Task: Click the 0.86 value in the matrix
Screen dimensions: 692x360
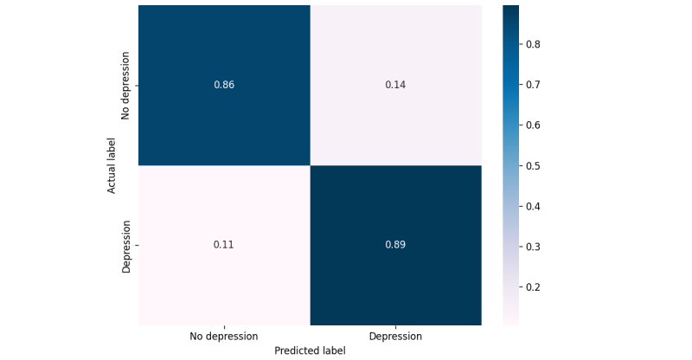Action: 224,85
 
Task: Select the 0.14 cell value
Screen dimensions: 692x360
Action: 395,85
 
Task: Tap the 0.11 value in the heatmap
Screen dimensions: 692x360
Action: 224,245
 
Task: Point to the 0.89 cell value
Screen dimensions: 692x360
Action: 395,245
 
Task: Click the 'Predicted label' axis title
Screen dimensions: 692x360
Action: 310,350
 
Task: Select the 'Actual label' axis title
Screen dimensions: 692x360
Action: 112,165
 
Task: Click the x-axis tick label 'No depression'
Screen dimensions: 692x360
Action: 224,337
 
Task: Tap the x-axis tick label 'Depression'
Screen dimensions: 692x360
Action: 395,337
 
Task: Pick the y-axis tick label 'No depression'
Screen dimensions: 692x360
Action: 125,86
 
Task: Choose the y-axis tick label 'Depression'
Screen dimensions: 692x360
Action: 125,247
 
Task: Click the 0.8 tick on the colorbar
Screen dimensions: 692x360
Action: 533,44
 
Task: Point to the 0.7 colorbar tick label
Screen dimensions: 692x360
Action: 533,85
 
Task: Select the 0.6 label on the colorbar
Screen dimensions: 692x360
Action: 533,125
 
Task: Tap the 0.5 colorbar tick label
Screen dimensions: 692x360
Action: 533,166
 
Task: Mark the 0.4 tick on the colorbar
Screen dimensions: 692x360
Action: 533,206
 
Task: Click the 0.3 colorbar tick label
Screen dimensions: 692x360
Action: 533,247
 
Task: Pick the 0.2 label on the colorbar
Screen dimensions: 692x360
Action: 533,287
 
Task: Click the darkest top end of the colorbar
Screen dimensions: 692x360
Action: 510,6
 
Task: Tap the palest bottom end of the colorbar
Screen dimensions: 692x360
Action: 510,325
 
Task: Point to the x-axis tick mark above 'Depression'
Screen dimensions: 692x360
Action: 395,327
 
